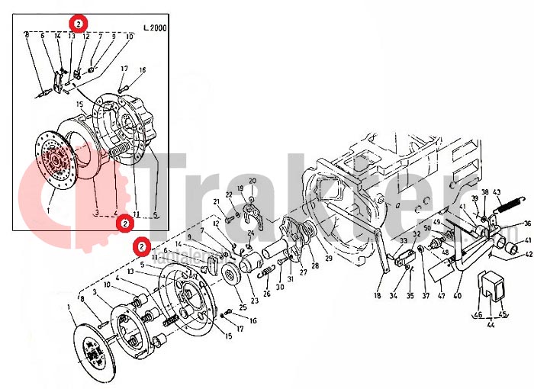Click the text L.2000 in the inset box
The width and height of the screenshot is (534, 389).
click(x=155, y=27)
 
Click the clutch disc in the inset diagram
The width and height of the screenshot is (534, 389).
click(x=56, y=161)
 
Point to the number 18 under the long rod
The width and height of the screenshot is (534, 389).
click(x=377, y=295)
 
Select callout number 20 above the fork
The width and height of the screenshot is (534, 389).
click(x=253, y=180)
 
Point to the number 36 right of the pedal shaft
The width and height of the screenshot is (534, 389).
click(x=526, y=224)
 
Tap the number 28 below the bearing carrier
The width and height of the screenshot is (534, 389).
click(x=314, y=266)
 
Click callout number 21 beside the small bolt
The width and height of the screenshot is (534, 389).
click(x=217, y=201)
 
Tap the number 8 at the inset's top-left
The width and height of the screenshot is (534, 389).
click(x=27, y=35)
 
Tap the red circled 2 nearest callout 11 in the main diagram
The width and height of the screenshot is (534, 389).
click(x=141, y=246)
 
